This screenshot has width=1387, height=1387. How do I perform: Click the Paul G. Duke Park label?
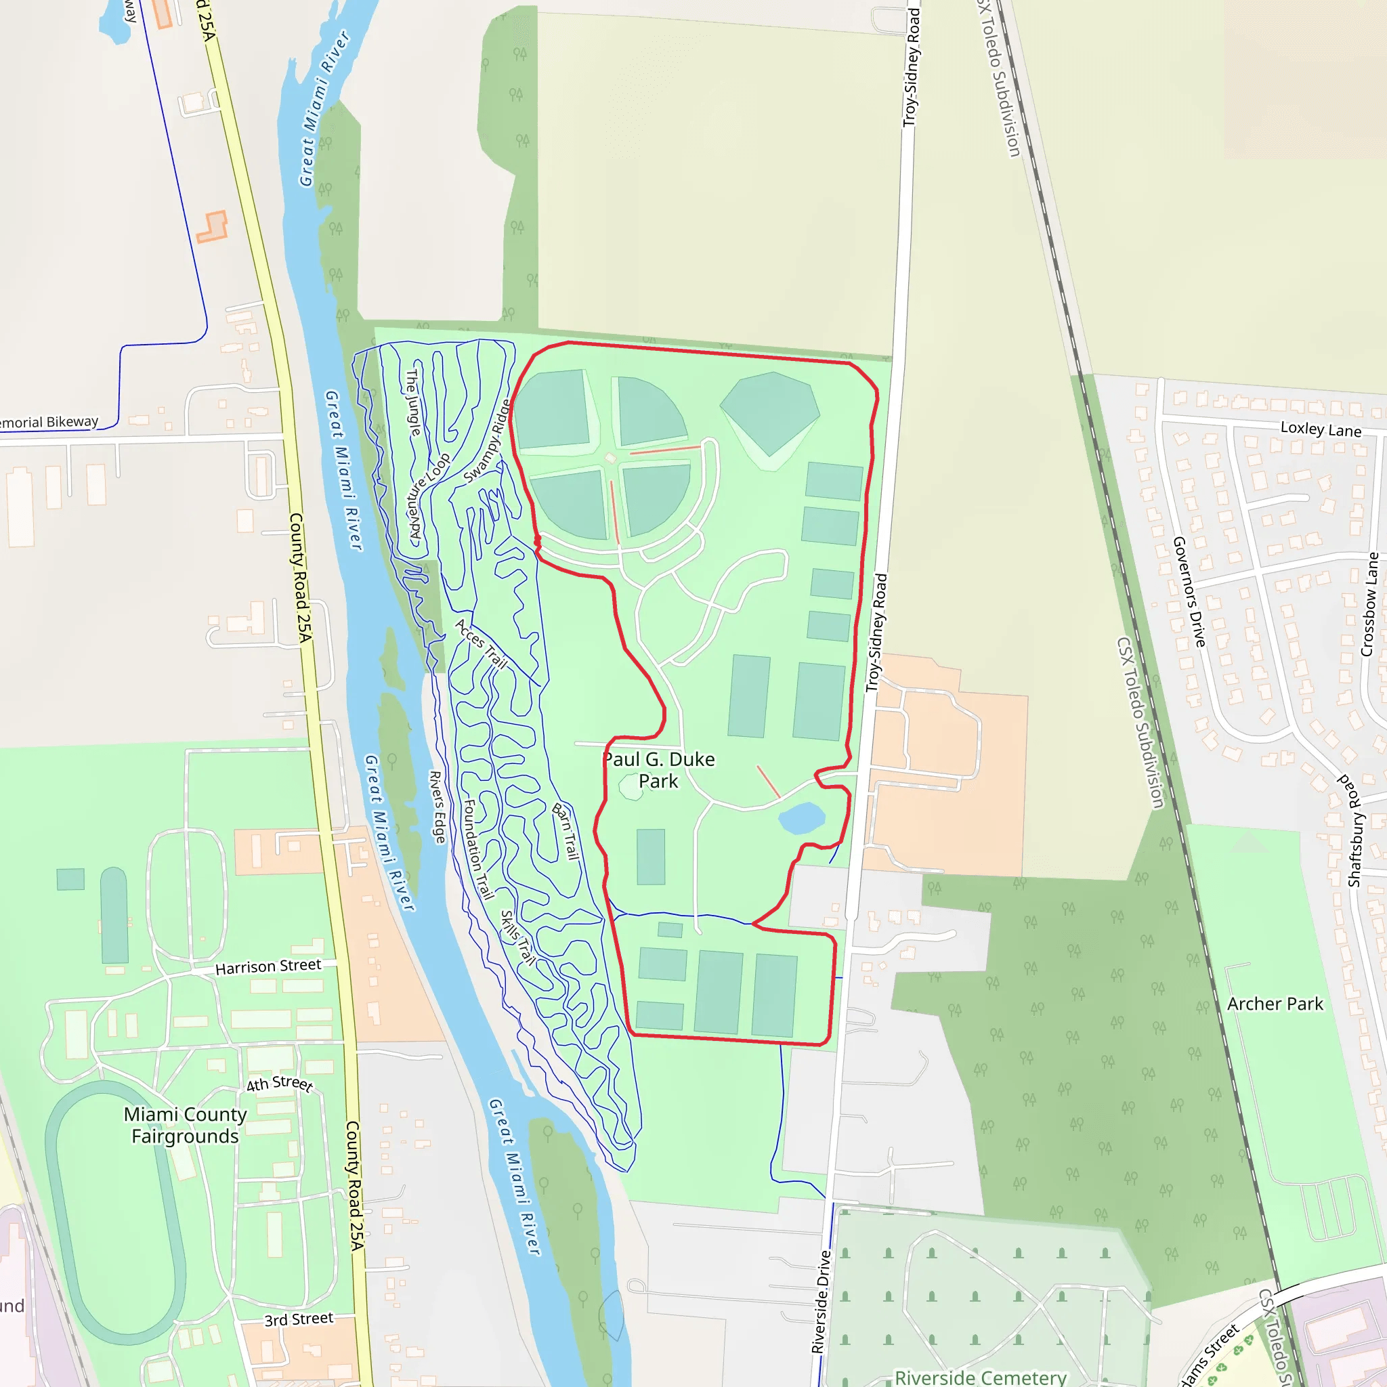coord(658,769)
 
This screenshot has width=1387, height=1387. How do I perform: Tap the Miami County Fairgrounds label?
coord(185,1125)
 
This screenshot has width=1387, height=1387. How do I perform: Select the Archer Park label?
coord(1275,1004)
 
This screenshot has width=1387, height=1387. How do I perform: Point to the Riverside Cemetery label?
coord(980,1377)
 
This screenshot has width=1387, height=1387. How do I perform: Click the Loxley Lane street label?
coord(1320,429)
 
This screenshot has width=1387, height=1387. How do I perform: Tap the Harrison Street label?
coord(268,966)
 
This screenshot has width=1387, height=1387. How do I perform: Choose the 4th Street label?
coord(279,1083)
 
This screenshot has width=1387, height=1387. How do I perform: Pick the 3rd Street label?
coord(299,1319)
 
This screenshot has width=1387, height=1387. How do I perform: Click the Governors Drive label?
coord(1189,591)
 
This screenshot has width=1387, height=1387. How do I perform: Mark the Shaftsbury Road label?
coord(1354,830)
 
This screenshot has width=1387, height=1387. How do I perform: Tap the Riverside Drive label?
coord(821,1302)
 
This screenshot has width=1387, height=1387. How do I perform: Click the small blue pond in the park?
coord(801,817)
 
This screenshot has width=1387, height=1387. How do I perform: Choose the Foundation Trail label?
coord(478,849)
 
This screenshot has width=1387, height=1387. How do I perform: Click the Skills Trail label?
coord(517,937)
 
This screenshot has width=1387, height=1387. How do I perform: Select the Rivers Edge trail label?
coord(438,807)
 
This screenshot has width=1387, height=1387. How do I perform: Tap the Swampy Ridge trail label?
coord(488,441)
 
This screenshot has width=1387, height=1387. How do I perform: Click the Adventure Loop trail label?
coord(429,495)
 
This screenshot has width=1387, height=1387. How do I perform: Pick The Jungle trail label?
coord(414,402)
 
